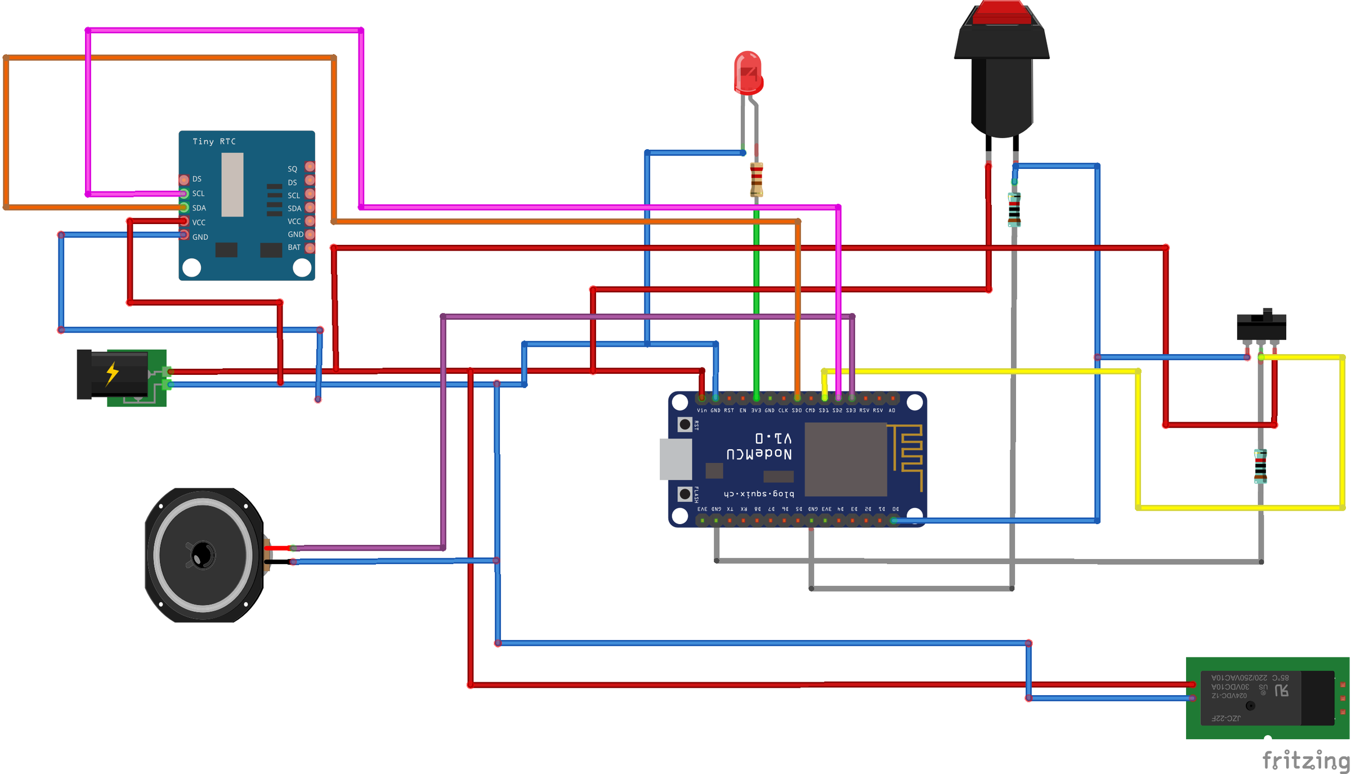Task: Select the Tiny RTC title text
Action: pyautogui.click(x=214, y=141)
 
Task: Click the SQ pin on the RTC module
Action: pyautogui.click(x=310, y=167)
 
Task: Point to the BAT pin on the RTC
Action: pyautogui.click(x=310, y=248)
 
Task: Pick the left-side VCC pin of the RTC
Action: pyautogui.click(x=184, y=222)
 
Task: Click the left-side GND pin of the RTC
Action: pyautogui.click(x=184, y=235)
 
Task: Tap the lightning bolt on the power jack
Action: pyautogui.click(x=113, y=373)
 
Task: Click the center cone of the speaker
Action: pyautogui.click(x=203, y=556)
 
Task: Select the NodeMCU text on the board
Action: pyautogui.click(x=759, y=454)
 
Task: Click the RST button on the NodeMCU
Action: pyautogui.click(x=685, y=424)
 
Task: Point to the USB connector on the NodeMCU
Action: pyautogui.click(x=675, y=459)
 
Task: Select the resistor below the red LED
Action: pyautogui.click(x=757, y=180)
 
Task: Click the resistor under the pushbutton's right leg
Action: pyautogui.click(x=1014, y=209)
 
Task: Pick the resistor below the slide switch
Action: pyautogui.click(x=1260, y=466)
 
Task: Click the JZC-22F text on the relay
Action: pyautogui.click(x=1225, y=718)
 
